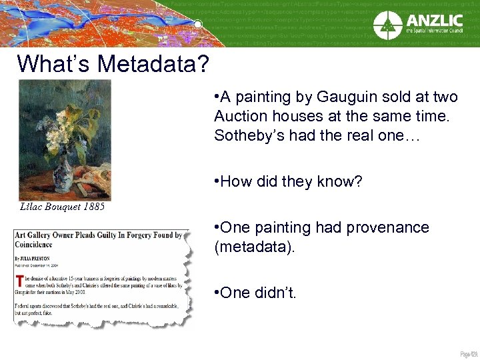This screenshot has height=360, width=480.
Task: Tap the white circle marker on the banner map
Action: tap(197, 25)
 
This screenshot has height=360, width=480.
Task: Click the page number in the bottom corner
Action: tap(468, 353)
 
